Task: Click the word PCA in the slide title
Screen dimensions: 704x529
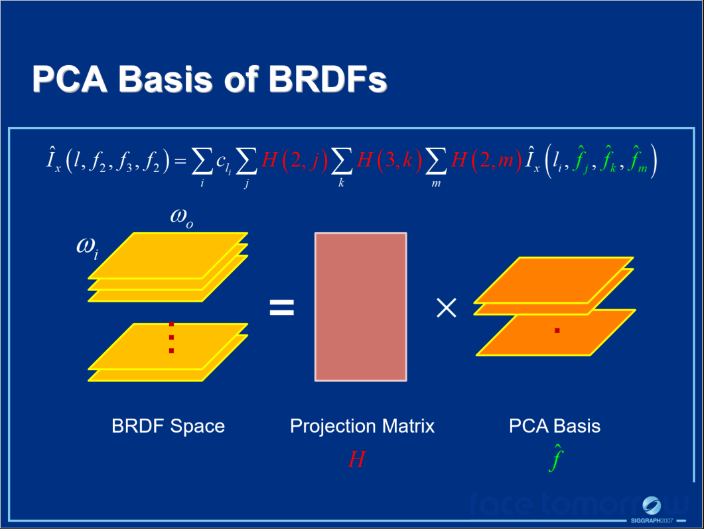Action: (70, 80)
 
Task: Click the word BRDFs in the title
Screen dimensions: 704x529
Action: (327, 80)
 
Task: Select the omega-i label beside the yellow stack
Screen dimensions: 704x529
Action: (88, 249)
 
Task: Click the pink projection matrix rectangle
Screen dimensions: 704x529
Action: (360, 306)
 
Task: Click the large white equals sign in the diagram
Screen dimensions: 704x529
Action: (281, 308)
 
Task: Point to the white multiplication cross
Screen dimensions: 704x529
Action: (447, 308)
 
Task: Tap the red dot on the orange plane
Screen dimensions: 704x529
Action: (557, 331)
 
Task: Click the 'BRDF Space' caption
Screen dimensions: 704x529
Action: (169, 426)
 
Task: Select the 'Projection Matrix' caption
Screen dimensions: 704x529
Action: (362, 426)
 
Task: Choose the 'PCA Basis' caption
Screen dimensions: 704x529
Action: (555, 426)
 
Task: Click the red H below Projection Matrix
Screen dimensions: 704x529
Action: (356, 460)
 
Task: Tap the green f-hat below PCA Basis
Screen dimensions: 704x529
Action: (555, 457)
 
